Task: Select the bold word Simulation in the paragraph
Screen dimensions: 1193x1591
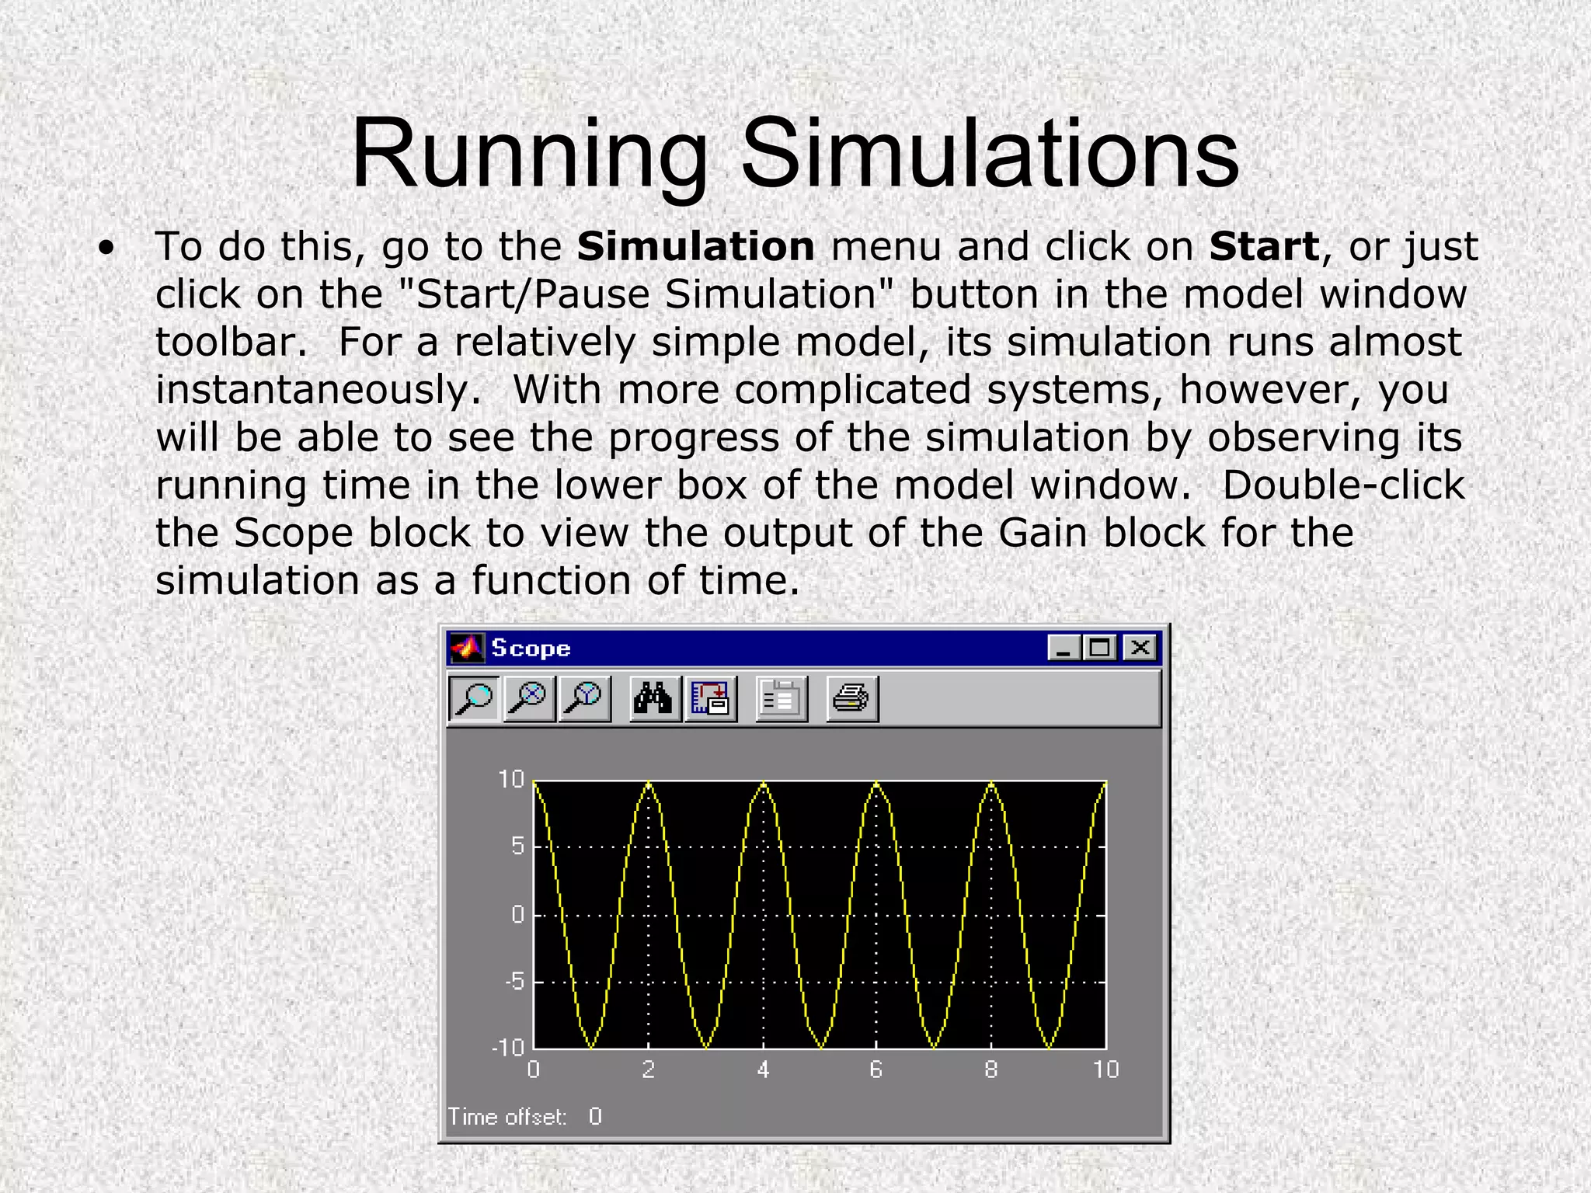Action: tap(695, 247)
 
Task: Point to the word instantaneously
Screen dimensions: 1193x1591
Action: tap(318, 390)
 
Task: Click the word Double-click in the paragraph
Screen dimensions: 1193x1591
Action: tap(1343, 485)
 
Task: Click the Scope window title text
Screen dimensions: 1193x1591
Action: tap(531, 648)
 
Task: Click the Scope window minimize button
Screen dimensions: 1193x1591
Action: tap(1062, 648)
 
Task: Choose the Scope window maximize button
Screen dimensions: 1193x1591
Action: tap(1100, 648)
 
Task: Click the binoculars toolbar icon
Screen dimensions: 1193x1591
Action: tap(653, 698)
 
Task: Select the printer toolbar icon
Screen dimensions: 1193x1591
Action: tap(851, 698)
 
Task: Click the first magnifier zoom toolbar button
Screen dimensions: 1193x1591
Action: tap(474, 698)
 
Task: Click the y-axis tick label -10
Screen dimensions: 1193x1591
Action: tap(509, 1047)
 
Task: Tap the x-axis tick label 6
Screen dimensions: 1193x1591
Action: tap(876, 1070)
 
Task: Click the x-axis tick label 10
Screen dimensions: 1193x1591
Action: tap(1105, 1070)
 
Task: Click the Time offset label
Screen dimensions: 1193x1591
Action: tap(507, 1117)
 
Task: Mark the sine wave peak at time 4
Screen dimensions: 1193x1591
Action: tap(764, 784)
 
